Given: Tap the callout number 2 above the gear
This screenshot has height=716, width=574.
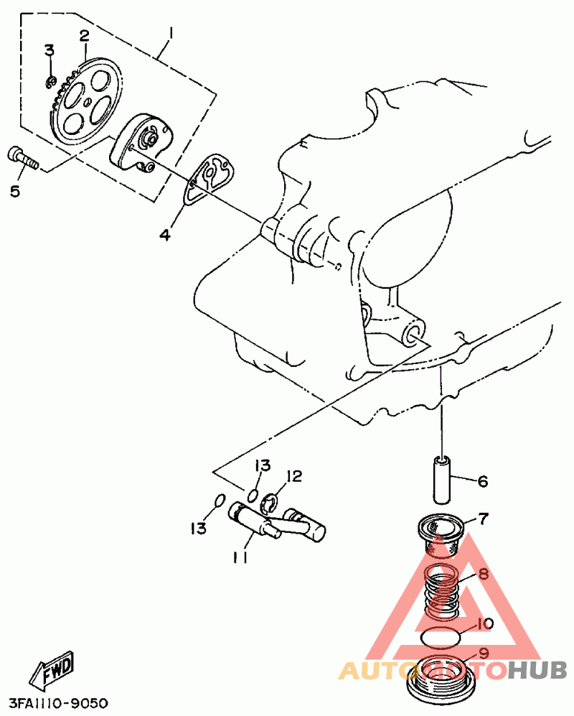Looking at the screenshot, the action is tap(85, 36).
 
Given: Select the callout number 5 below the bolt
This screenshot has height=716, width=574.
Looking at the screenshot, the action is tap(15, 191).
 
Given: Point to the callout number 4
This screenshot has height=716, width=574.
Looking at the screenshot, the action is tap(165, 235).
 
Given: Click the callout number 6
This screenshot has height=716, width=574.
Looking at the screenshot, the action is tap(483, 481).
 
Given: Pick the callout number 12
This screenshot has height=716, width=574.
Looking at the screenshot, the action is tap(294, 476).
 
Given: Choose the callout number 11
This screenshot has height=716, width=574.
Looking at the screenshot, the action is tap(240, 557).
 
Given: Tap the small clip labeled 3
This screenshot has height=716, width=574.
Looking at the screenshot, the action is tap(52, 82).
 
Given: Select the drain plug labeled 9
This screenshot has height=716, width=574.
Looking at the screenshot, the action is tap(441, 679).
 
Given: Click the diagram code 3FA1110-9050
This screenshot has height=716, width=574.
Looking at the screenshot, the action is tap(58, 703).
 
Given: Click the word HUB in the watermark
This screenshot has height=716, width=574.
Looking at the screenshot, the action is tap(537, 671).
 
